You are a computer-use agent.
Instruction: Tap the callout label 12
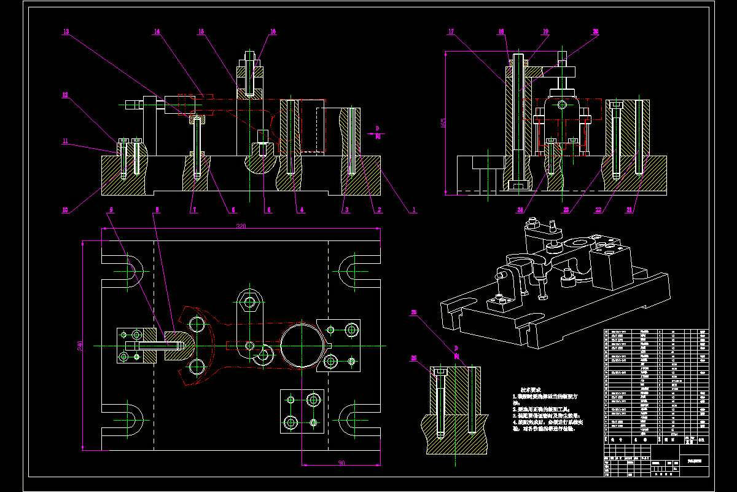pos(64,95)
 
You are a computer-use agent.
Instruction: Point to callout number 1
pos(414,210)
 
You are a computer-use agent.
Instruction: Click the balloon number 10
pos(64,210)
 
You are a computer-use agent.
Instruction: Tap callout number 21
pos(629,210)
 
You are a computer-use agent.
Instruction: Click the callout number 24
pos(520,210)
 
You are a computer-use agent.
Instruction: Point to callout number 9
pos(111,210)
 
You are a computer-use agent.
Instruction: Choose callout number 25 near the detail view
pos(413,313)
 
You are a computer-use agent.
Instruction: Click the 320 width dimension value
pos(241,226)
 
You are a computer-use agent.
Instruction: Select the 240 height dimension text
pos(80,347)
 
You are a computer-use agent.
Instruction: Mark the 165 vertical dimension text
pos(443,124)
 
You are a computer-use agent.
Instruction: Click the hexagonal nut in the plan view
pos(249,302)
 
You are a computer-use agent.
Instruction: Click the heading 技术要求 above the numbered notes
pos(531,389)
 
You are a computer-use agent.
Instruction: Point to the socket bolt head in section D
pos(440,371)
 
